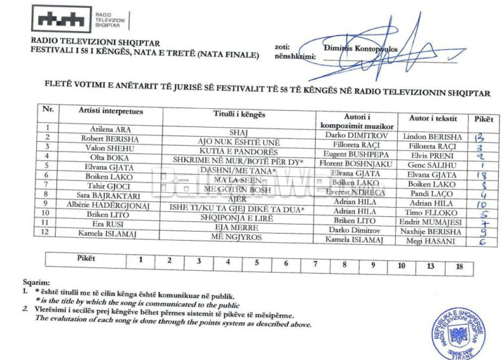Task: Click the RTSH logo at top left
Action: click(62, 19)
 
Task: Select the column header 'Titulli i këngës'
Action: click(239, 114)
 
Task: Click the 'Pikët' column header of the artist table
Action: click(483, 119)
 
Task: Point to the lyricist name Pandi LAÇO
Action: click(432, 194)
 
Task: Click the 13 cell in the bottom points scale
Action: click(430, 265)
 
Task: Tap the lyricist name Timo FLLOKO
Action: click(432, 212)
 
